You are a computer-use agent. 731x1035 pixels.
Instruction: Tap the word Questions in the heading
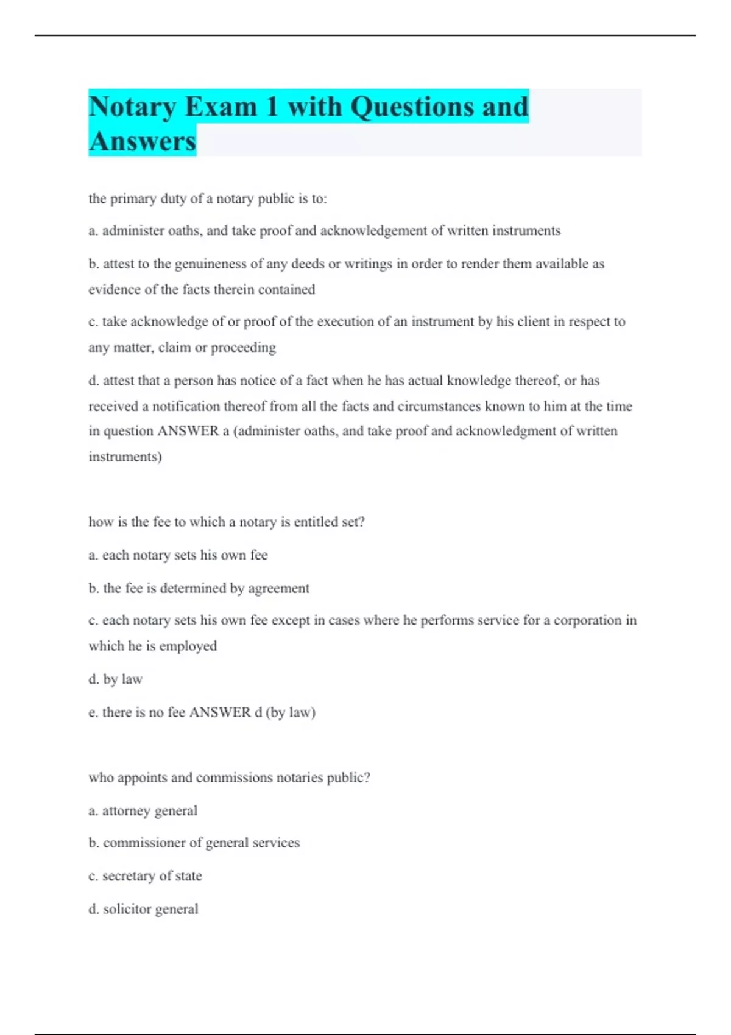pyautogui.click(x=412, y=107)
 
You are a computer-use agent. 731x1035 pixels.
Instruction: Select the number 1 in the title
pyautogui.click(x=272, y=107)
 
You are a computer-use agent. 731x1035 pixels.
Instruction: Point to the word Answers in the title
pyautogui.click(x=143, y=141)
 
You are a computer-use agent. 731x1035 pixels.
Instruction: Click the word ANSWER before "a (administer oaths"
pyautogui.click(x=188, y=431)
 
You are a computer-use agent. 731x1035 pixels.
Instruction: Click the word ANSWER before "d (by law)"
pyautogui.click(x=220, y=712)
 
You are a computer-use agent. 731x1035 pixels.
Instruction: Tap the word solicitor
pyautogui.click(x=127, y=909)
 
